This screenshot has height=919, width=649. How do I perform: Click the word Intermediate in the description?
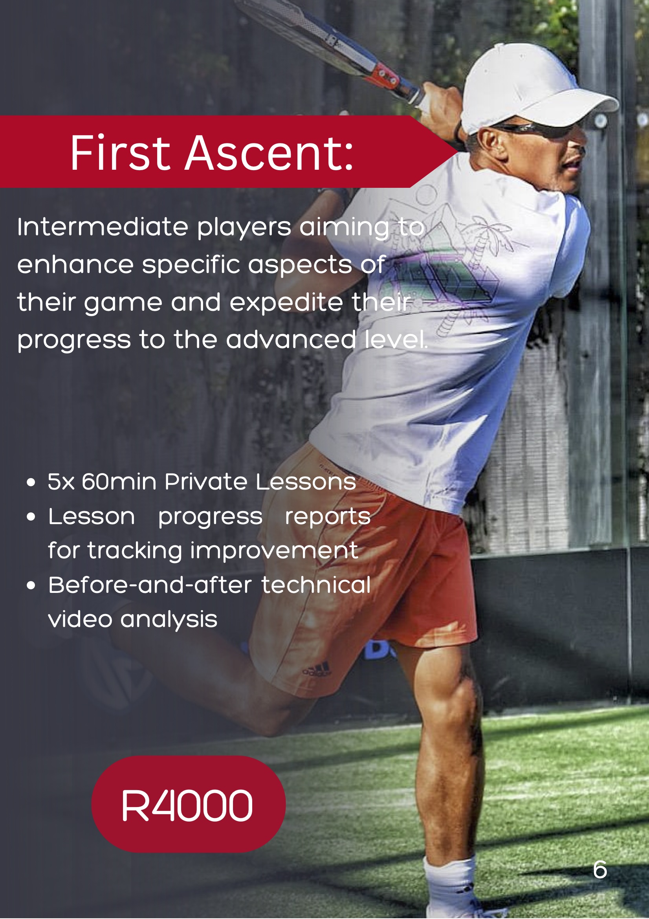click(x=103, y=227)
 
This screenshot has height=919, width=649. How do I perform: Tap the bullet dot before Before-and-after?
click(x=31, y=585)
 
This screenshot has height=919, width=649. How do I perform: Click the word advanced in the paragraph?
click(x=291, y=339)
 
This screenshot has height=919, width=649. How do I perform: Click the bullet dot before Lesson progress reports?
click(x=31, y=517)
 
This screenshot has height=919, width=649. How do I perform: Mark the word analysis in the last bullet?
click(x=169, y=620)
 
